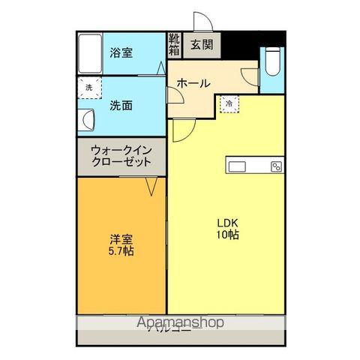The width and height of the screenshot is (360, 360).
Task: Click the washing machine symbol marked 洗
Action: [x=88, y=88]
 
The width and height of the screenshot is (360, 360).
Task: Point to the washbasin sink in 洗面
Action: [x=87, y=120]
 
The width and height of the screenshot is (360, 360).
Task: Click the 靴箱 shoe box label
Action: [x=174, y=45]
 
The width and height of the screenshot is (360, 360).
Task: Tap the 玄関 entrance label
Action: [x=199, y=45]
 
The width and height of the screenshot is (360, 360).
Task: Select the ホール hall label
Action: [x=193, y=83]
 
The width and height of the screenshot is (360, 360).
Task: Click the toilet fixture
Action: [x=272, y=62]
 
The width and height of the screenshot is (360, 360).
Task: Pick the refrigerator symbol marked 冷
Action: [x=229, y=103]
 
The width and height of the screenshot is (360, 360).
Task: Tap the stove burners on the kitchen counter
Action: [x=276, y=166]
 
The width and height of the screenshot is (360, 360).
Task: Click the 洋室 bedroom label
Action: [x=120, y=239]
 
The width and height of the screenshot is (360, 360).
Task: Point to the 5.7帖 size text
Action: [x=120, y=252]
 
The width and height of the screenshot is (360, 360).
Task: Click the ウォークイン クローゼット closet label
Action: [x=121, y=155]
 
